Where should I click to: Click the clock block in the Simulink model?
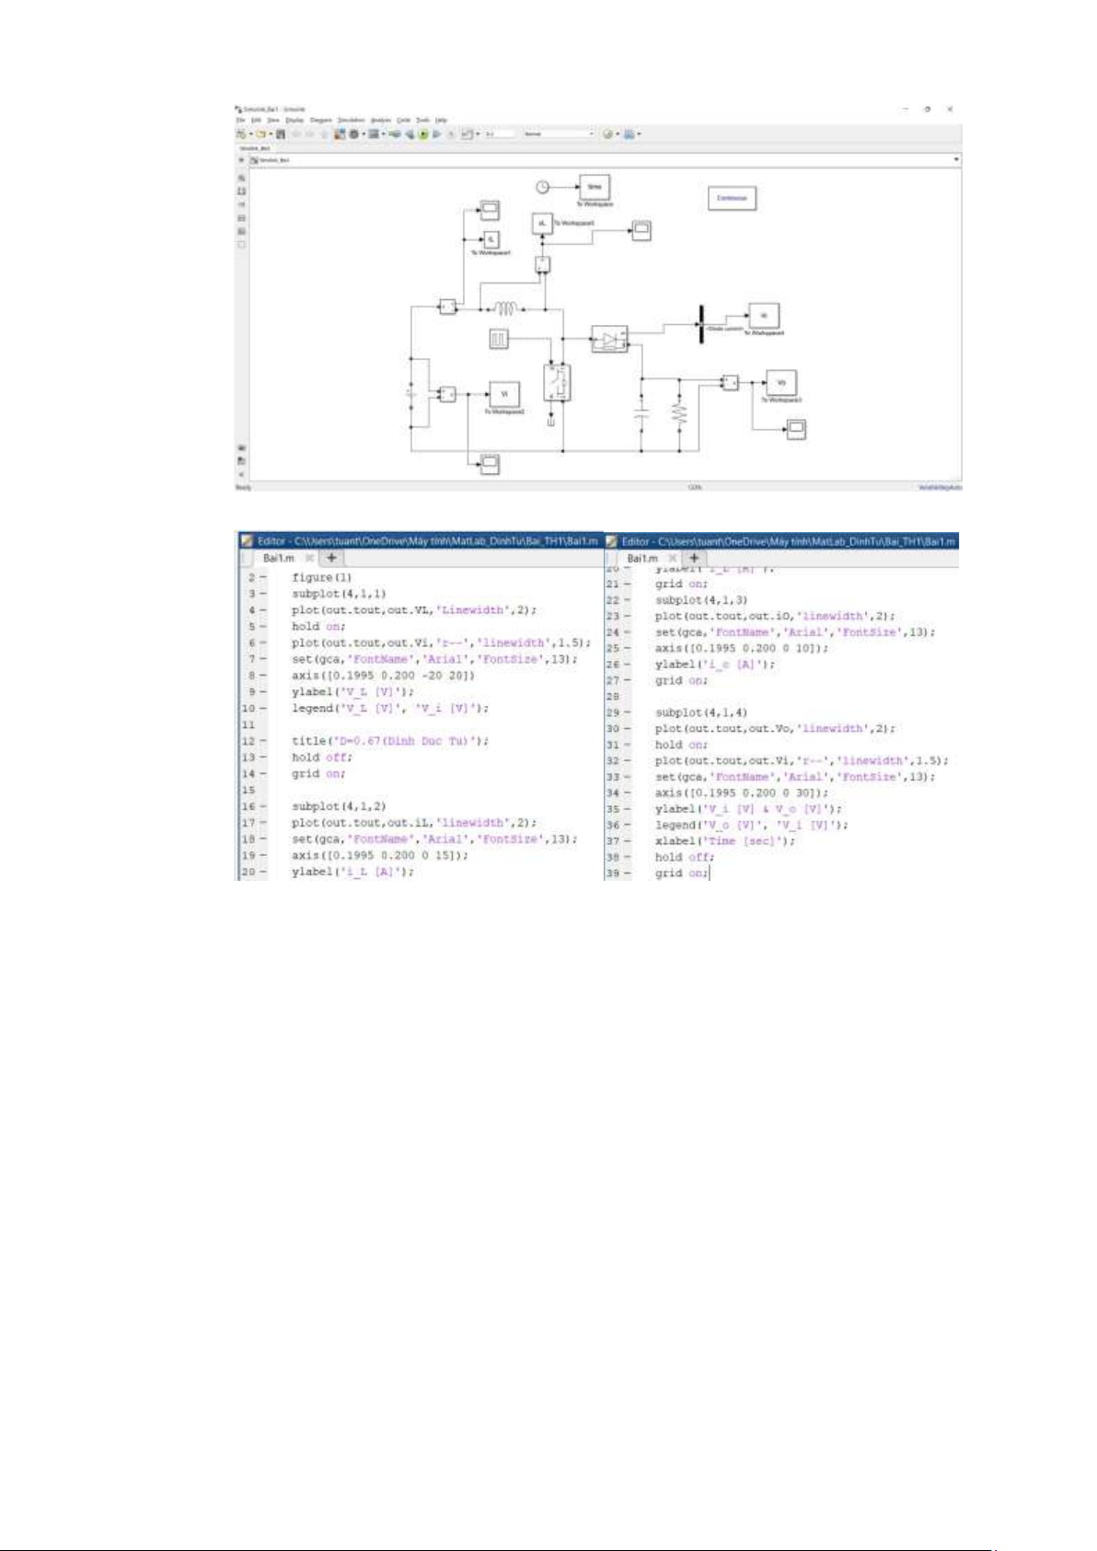pos(543,187)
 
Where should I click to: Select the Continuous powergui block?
pos(732,198)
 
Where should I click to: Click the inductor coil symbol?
pos(506,308)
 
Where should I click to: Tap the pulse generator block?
pos(498,340)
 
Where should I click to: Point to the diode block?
pos(609,341)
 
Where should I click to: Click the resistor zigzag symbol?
pos(680,414)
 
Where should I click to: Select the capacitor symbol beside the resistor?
pos(641,413)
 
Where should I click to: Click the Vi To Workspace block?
pos(503,393)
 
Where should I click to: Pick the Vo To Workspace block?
pos(781,382)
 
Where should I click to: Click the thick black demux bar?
pos(701,324)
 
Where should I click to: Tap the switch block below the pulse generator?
pos(557,383)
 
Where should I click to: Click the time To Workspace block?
pos(594,187)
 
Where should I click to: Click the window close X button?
pos(950,109)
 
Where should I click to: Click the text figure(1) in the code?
pos(321,577)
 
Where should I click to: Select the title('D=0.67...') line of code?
pos(390,741)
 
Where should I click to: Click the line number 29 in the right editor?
pos(613,712)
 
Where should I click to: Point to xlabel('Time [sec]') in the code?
pos(725,841)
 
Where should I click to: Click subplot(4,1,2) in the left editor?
pos(339,806)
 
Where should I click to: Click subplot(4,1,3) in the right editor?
pos(701,600)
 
